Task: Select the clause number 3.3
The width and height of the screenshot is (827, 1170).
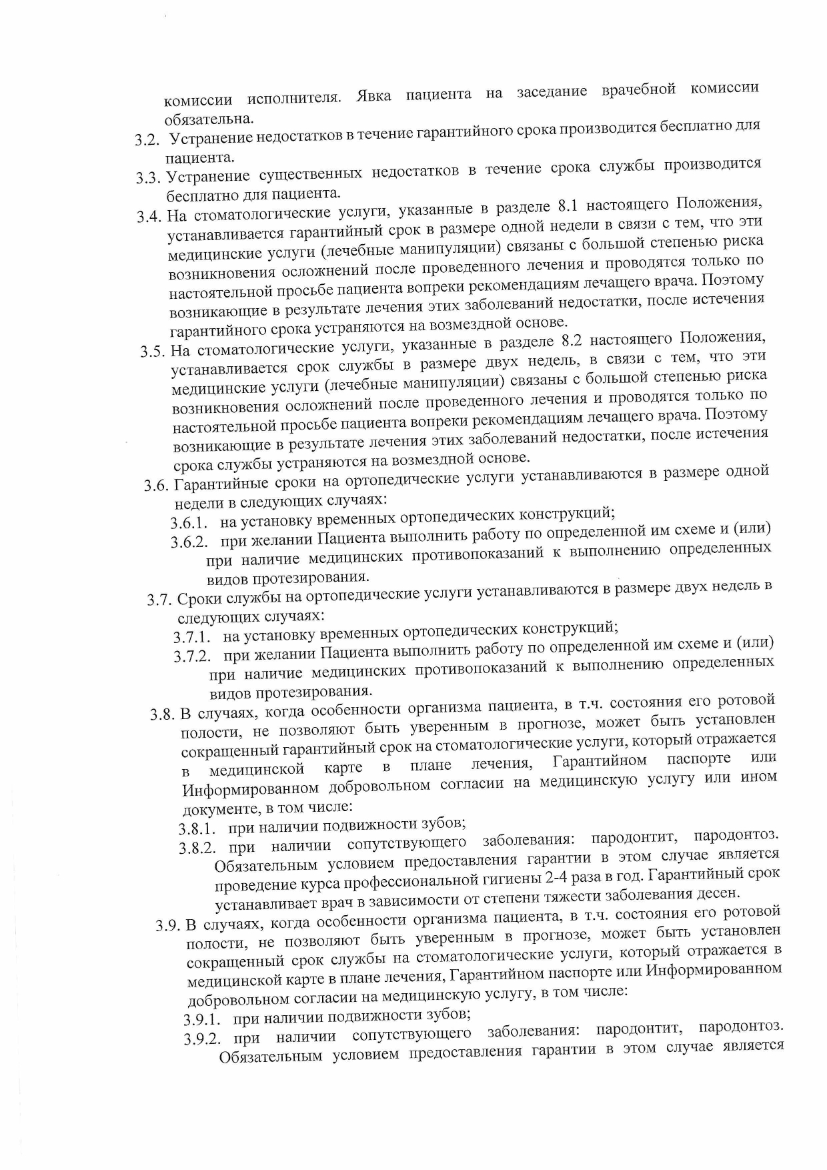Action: click(x=149, y=178)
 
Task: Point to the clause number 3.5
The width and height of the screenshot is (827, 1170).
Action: click(x=153, y=352)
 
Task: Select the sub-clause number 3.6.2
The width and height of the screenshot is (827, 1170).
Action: click(x=190, y=542)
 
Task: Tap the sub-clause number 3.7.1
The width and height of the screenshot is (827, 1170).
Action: click(x=193, y=637)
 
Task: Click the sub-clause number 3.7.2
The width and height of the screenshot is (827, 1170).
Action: click(x=193, y=656)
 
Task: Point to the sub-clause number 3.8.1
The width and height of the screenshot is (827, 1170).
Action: click(x=197, y=829)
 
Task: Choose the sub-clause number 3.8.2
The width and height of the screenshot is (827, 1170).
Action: click(x=198, y=848)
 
